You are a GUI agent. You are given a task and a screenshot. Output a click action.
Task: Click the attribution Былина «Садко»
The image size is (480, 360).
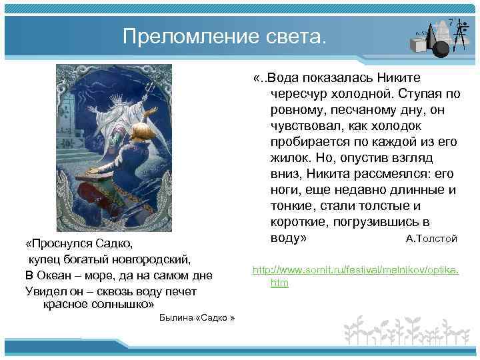click(198, 318)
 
